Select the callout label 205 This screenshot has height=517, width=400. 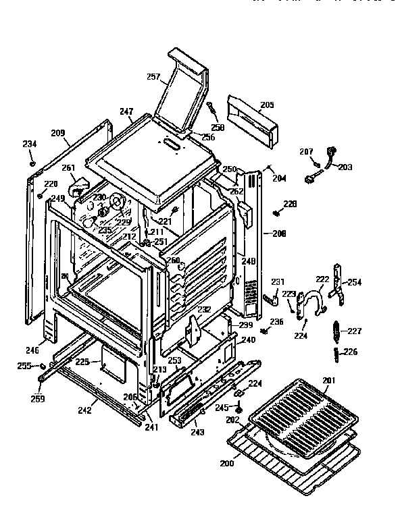(x=268, y=105)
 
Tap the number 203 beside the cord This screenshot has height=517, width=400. (x=345, y=167)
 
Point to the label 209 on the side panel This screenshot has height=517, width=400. (x=57, y=134)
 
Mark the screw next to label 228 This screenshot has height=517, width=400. (x=276, y=213)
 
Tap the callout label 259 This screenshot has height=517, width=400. (x=39, y=398)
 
